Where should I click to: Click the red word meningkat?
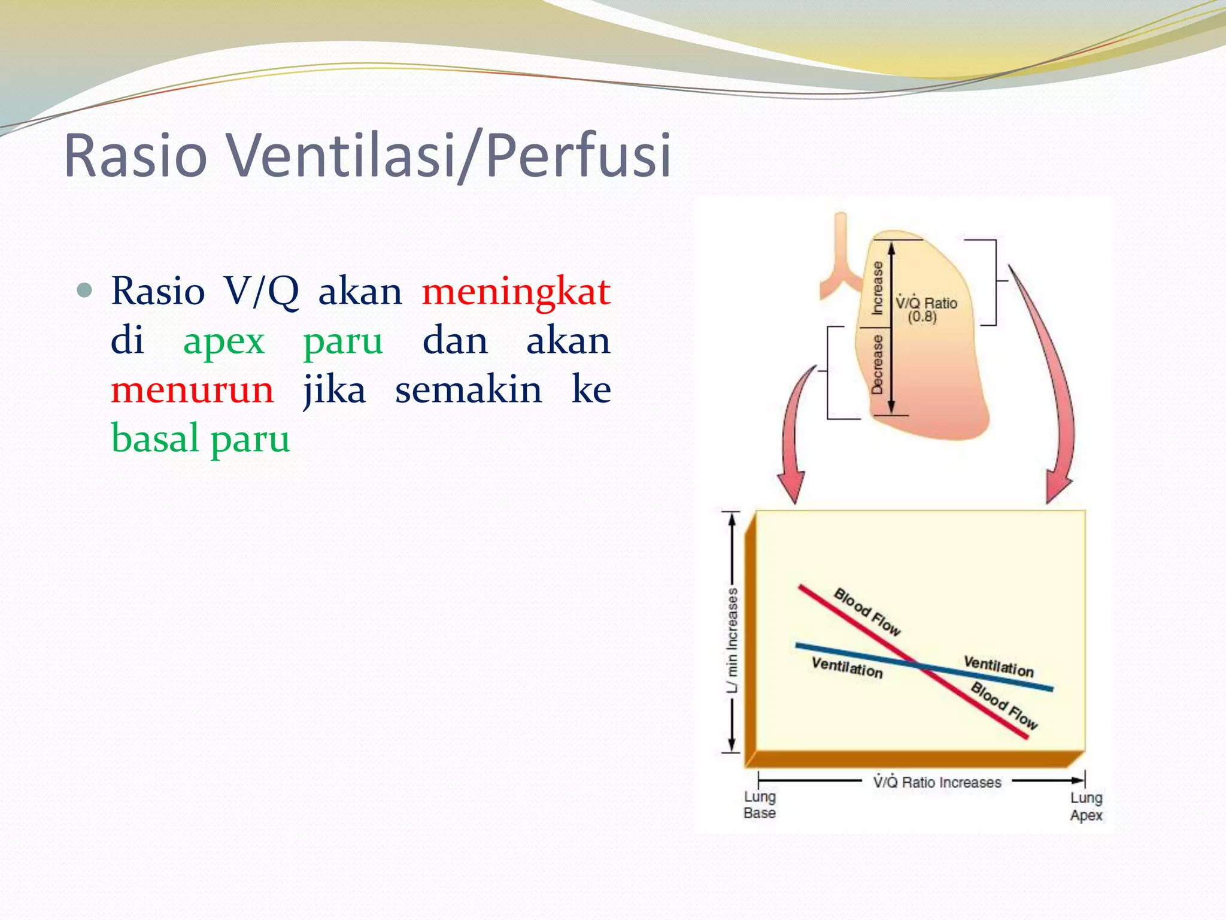[515, 292]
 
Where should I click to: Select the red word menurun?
[192, 390]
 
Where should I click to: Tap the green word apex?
[224, 341]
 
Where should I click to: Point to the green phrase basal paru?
[201, 439]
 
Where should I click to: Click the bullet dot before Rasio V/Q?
[85, 290]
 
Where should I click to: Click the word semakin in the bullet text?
[468, 390]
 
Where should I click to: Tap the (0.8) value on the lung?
[922, 317]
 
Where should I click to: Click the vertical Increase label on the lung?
[877, 287]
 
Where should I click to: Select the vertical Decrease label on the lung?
[877, 364]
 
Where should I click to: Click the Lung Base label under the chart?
[760, 805]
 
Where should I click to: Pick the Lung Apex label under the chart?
[1086, 806]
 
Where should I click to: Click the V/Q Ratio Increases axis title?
[937, 782]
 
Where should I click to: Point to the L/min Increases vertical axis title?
[732, 640]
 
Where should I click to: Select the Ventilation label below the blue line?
[847, 667]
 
